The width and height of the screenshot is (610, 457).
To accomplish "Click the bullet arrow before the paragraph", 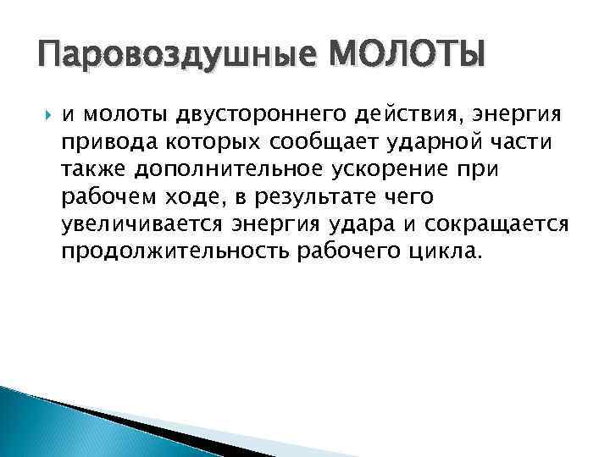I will click(x=46, y=114).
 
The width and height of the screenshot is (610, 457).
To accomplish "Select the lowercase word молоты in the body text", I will click(x=120, y=114).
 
